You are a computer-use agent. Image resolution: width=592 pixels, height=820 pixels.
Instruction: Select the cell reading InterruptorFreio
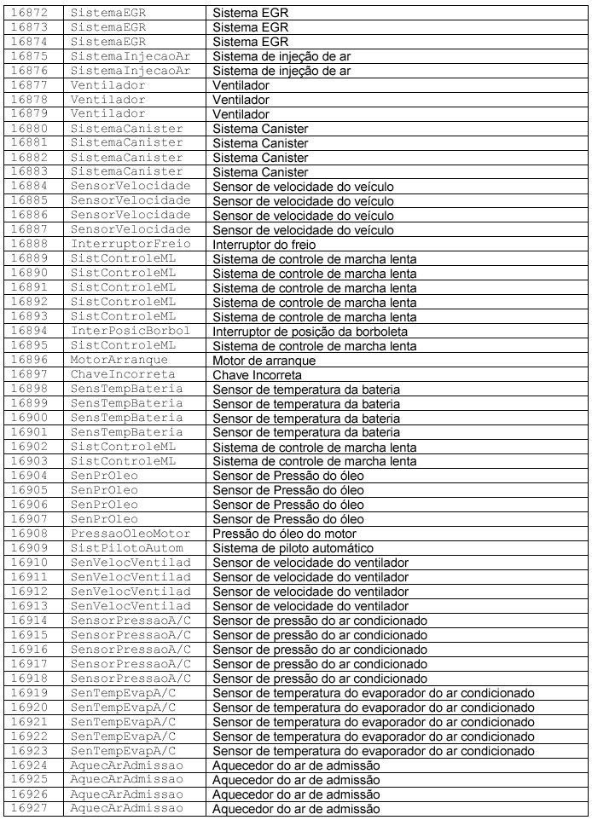pos(131,245)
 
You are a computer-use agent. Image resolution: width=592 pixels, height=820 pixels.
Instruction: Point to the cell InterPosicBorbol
pos(131,332)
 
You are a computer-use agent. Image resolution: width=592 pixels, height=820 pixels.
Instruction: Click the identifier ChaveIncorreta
pos(123,375)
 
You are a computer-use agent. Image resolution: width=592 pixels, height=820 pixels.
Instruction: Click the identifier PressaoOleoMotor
pos(131,534)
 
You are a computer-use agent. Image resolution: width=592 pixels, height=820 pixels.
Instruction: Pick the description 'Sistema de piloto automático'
pos(293,549)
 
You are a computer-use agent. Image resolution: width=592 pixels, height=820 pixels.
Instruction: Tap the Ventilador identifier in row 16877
pos(107,86)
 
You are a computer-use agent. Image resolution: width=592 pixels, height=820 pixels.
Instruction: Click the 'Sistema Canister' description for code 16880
pos(260,129)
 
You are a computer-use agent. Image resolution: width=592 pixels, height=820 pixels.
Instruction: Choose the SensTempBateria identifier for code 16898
pos(126,390)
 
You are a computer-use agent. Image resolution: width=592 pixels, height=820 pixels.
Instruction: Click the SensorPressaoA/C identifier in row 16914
pos(131,621)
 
